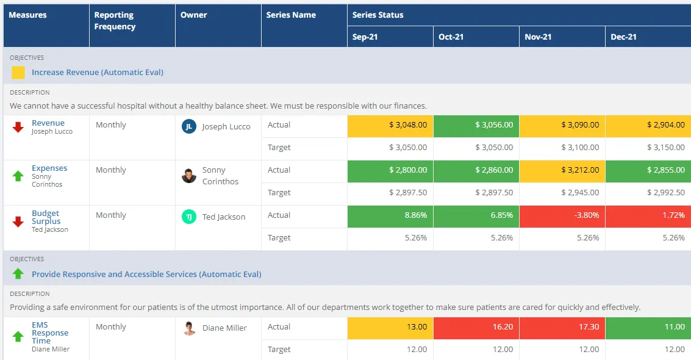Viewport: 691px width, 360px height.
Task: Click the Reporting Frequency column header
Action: coord(115,21)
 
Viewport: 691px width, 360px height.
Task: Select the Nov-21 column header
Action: coord(538,37)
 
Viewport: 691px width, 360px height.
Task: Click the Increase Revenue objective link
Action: coord(98,72)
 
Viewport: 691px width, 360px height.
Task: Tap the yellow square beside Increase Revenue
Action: coord(18,73)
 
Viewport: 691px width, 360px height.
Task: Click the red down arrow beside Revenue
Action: coord(18,127)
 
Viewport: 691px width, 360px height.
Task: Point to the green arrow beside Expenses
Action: coord(18,176)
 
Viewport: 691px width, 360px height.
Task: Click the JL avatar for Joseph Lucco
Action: coord(189,126)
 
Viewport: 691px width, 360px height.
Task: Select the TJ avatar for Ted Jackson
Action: coord(189,217)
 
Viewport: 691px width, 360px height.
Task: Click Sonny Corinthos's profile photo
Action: coord(189,176)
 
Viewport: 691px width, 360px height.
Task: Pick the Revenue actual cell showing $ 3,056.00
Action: coord(476,124)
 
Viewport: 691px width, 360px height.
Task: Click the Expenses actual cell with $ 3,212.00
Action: coord(562,170)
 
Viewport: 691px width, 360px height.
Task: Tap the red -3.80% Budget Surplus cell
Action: coord(562,215)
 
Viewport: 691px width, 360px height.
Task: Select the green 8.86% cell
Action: coord(390,215)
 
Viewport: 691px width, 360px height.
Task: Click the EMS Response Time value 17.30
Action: coord(562,327)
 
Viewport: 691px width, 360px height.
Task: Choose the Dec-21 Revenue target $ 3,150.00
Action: coord(648,148)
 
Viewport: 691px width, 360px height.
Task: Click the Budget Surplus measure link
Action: coord(46,217)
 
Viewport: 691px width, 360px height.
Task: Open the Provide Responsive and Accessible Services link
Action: coord(146,274)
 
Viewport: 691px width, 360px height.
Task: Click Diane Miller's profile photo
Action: coord(189,328)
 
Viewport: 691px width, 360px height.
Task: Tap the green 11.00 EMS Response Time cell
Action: coord(648,327)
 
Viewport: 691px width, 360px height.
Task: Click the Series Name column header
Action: coord(291,15)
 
